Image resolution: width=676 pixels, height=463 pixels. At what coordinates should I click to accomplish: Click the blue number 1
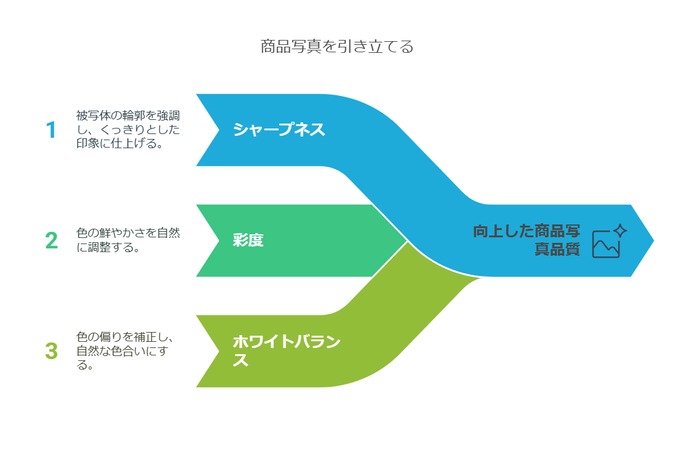click(x=51, y=130)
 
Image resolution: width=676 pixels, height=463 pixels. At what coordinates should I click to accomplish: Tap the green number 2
click(x=52, y=240)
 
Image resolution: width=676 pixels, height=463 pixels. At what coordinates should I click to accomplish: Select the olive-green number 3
click(x=52, y=351)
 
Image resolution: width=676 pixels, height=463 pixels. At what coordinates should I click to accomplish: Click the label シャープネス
click(x=279, y=130)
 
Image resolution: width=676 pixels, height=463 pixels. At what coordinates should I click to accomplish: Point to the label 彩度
click(x=248, y=240)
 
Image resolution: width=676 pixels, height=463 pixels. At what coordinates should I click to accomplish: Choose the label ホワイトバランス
click(x=286, y=342)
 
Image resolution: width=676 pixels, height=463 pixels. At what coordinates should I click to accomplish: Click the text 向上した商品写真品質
click(x=526, y=240)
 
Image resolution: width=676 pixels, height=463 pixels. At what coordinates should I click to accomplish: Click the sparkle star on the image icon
click(x=620, y=231)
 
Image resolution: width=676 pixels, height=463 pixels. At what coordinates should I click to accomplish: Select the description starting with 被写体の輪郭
click(x=128, y=130)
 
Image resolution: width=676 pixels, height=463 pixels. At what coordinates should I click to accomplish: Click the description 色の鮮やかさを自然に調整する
click(x=128, y=240)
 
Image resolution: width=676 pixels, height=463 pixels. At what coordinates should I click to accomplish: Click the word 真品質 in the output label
click(x=557, y=250)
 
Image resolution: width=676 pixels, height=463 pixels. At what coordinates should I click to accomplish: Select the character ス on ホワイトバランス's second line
click(x=241, y=360)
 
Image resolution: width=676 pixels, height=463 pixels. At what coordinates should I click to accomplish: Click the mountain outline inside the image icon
click(x=605, y=247)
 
